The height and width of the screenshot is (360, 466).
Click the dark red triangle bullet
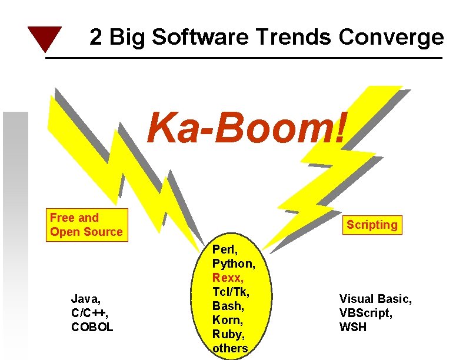pos(44,38)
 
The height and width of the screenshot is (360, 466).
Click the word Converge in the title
pos(391,38)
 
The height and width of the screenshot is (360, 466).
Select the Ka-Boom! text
pos(248,126)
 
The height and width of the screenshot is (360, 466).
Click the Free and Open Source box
pos(86,225)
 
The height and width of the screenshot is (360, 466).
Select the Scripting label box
pos(372,225)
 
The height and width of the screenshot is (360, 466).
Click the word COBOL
pos(92,326)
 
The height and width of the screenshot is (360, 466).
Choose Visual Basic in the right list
pos(375,299)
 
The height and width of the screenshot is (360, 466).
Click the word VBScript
pos(365,313)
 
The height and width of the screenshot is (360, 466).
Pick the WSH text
pos(353,327)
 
